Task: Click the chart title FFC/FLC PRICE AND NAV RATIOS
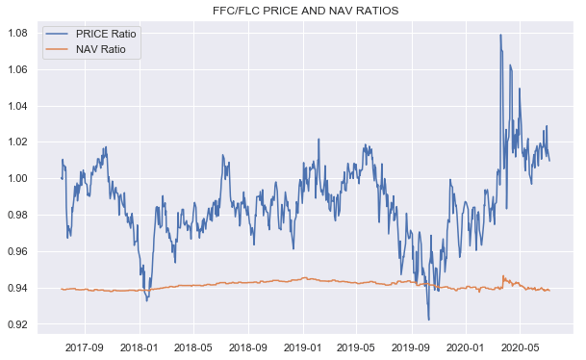click(305, 11)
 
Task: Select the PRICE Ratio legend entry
click(109, 34)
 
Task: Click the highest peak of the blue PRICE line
click(500, 35)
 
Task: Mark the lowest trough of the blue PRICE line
click(428, 320)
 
